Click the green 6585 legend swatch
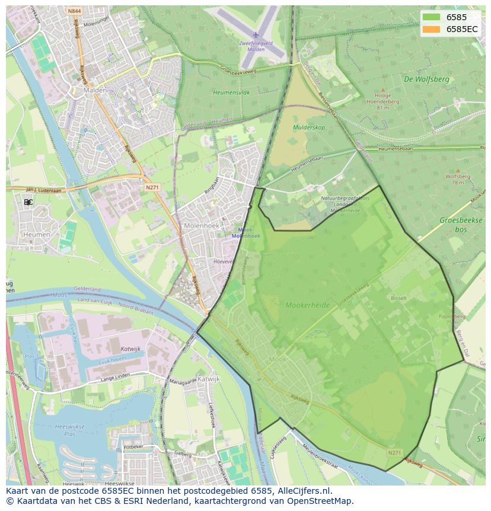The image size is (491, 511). pos(432,17)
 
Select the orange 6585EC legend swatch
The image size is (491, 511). pos(432,28)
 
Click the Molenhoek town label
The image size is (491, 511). pos(202,226)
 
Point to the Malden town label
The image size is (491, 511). pos(95,90)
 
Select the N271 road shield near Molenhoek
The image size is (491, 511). pos(152,186)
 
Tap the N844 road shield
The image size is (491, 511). pos(74,11)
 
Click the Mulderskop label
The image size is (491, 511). pos(309,128)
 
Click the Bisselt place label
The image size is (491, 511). pos(398,298)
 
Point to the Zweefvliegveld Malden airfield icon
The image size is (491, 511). pos(256,35)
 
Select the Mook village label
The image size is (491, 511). pos(278,359)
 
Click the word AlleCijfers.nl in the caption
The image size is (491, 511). pos(305,491)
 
